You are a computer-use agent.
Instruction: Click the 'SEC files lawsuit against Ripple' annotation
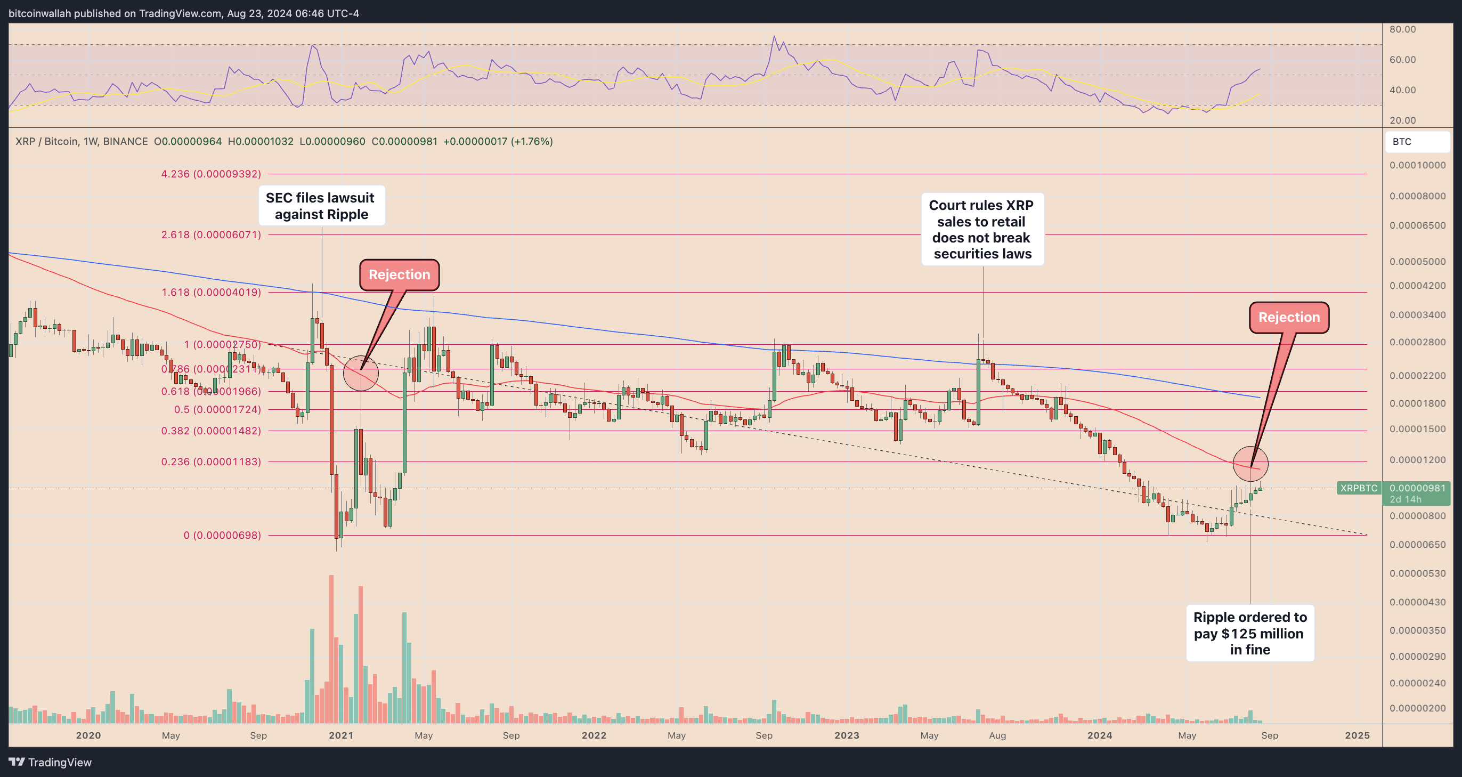321,206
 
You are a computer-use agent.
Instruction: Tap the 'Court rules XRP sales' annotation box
982,229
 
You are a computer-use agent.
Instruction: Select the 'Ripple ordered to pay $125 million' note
1250,633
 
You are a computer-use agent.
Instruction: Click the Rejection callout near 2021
399,274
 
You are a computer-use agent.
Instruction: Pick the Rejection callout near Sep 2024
1289,317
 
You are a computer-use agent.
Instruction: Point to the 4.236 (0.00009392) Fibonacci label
210,174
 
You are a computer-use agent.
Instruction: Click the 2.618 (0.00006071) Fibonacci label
210,234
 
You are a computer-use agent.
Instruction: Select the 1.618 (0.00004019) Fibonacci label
210,292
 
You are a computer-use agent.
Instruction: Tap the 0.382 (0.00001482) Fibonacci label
210,431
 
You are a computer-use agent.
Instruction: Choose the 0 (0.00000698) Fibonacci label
222,535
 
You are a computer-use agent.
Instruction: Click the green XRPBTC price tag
1359,488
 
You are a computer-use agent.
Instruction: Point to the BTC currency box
1417,142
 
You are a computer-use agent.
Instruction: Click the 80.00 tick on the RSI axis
1402,29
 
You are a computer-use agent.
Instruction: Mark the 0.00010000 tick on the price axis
1417,165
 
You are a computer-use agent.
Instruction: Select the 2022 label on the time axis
594,735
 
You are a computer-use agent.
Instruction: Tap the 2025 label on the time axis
1357,735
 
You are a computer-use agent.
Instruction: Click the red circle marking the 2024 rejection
1250,464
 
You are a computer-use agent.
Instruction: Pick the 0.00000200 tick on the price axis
1417,708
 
